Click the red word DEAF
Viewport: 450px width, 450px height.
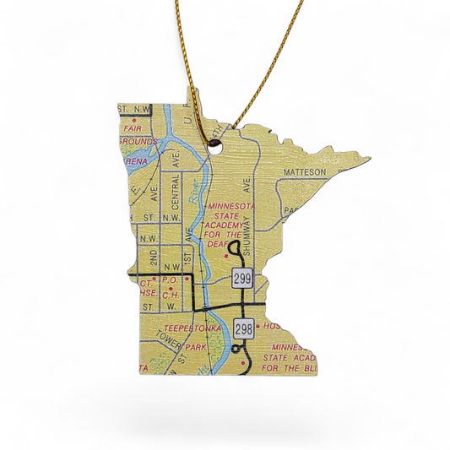tap(230, 237)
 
